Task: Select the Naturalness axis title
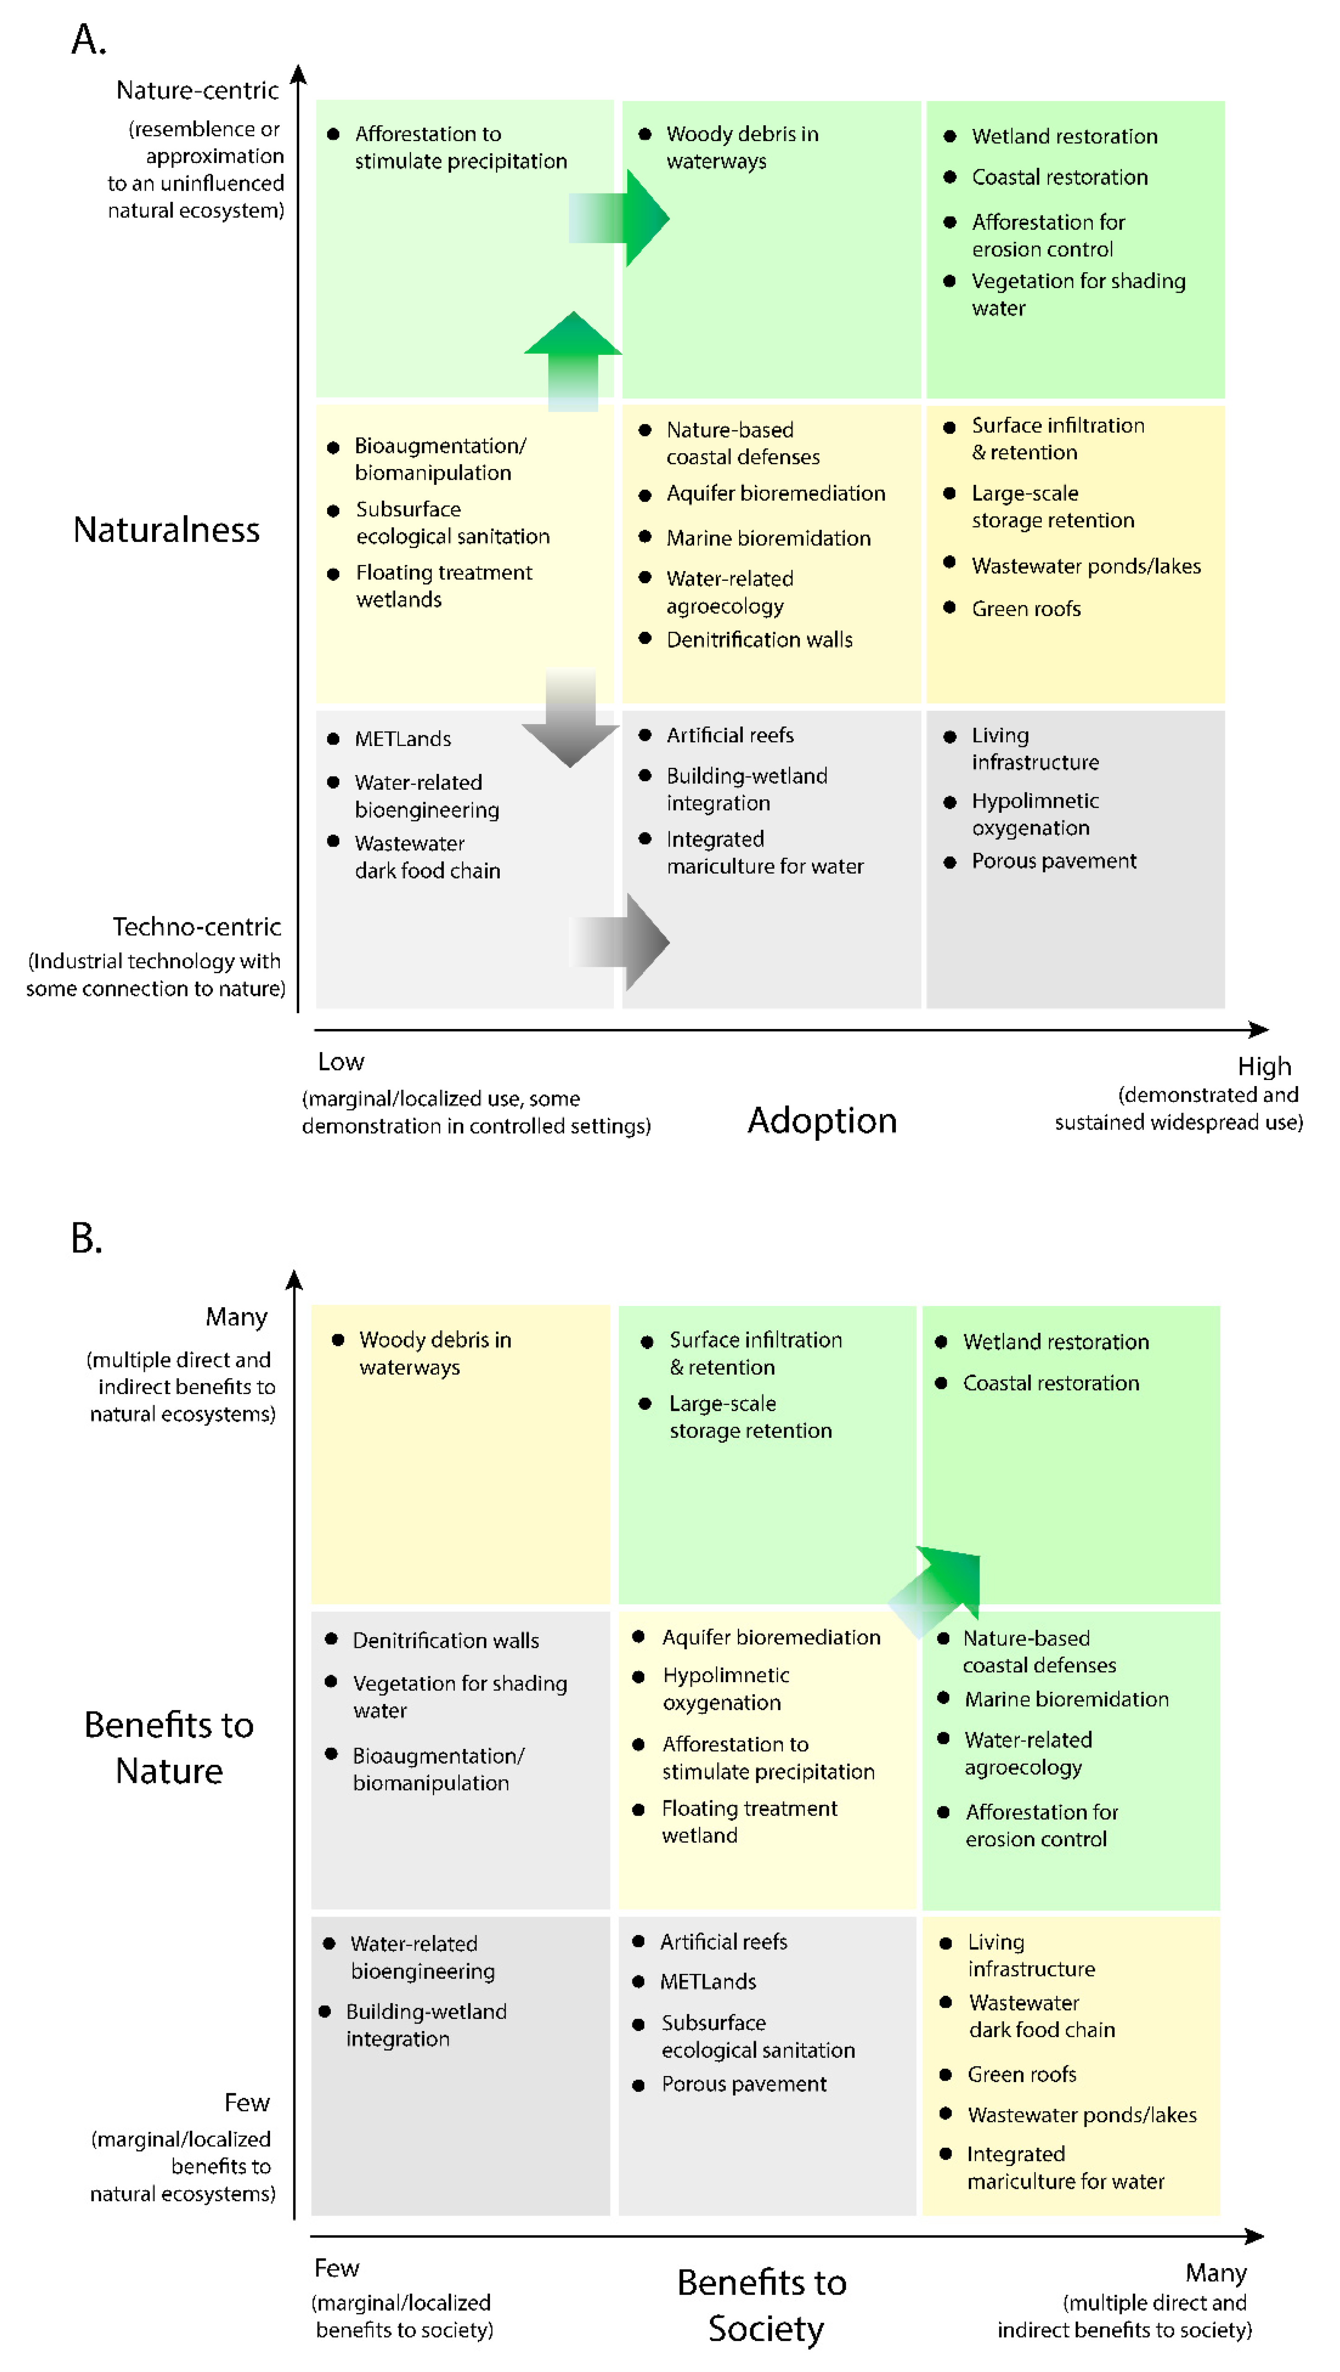click(167, 530)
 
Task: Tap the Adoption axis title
click(822, 1121)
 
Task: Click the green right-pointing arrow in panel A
click(622, 218)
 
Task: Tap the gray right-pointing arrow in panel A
click(622, 941)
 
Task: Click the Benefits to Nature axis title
click(168, 1748)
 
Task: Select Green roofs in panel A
click(1026, 609)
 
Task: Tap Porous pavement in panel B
click(743, 2084)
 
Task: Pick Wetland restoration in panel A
click(1064, 136)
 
